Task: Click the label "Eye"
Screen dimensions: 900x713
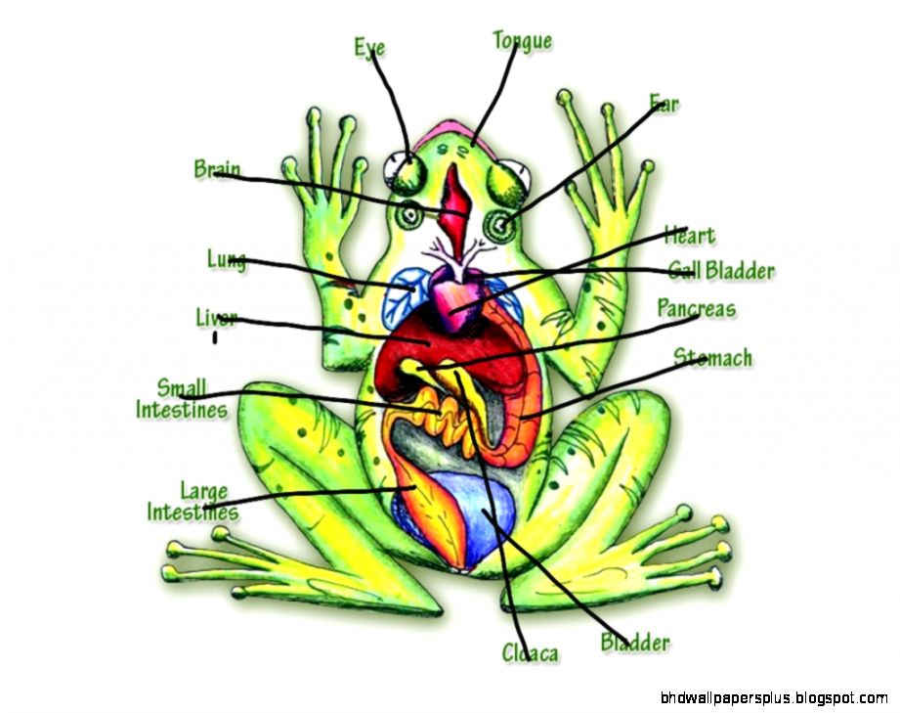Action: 369,47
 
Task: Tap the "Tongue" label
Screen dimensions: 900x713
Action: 522,41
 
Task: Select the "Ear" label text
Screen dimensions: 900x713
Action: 664,103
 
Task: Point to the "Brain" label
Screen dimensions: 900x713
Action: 217,169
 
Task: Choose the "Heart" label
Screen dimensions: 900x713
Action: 689,236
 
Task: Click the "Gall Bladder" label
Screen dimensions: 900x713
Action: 721,270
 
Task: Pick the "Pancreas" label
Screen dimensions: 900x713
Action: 696,309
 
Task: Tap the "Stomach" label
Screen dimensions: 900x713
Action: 713,358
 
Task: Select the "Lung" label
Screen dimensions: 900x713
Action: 226,259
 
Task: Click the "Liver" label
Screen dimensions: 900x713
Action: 217,318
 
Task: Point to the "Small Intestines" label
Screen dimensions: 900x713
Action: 182,399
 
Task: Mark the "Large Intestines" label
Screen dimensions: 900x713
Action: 193,501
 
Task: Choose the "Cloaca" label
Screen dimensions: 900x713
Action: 530,652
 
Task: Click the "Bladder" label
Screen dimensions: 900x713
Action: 635,643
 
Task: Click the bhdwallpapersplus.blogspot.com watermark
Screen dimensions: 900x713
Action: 775,698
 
